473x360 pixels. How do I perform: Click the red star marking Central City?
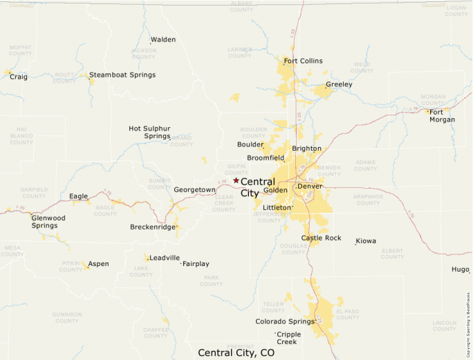tap(236, 180)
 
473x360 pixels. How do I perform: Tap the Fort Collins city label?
tap(303, 61)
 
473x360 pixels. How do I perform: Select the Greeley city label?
tap(339, 84)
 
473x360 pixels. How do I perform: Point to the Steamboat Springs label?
tap(122, 75)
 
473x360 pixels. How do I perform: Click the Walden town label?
tap(163, 39)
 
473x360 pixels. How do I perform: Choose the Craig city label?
tap(19, 77)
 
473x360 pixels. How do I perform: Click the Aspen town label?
tap(98, 264)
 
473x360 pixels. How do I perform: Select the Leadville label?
tap(165, 258)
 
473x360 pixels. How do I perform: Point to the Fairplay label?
tap(196, 264)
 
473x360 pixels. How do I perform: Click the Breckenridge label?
tap(152, 227)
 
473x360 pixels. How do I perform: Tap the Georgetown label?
tap(194, 189)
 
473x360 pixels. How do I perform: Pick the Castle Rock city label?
tap(321, 238)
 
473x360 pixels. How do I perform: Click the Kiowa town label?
tap(366, 241)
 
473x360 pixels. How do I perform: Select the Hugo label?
tap(461, 269)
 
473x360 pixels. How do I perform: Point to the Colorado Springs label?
tap(285, 321)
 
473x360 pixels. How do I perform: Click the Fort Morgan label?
tap(442, 116)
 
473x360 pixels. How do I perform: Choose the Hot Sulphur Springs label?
tap(149, 132)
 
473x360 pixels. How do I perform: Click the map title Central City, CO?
tap(236, 352)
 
